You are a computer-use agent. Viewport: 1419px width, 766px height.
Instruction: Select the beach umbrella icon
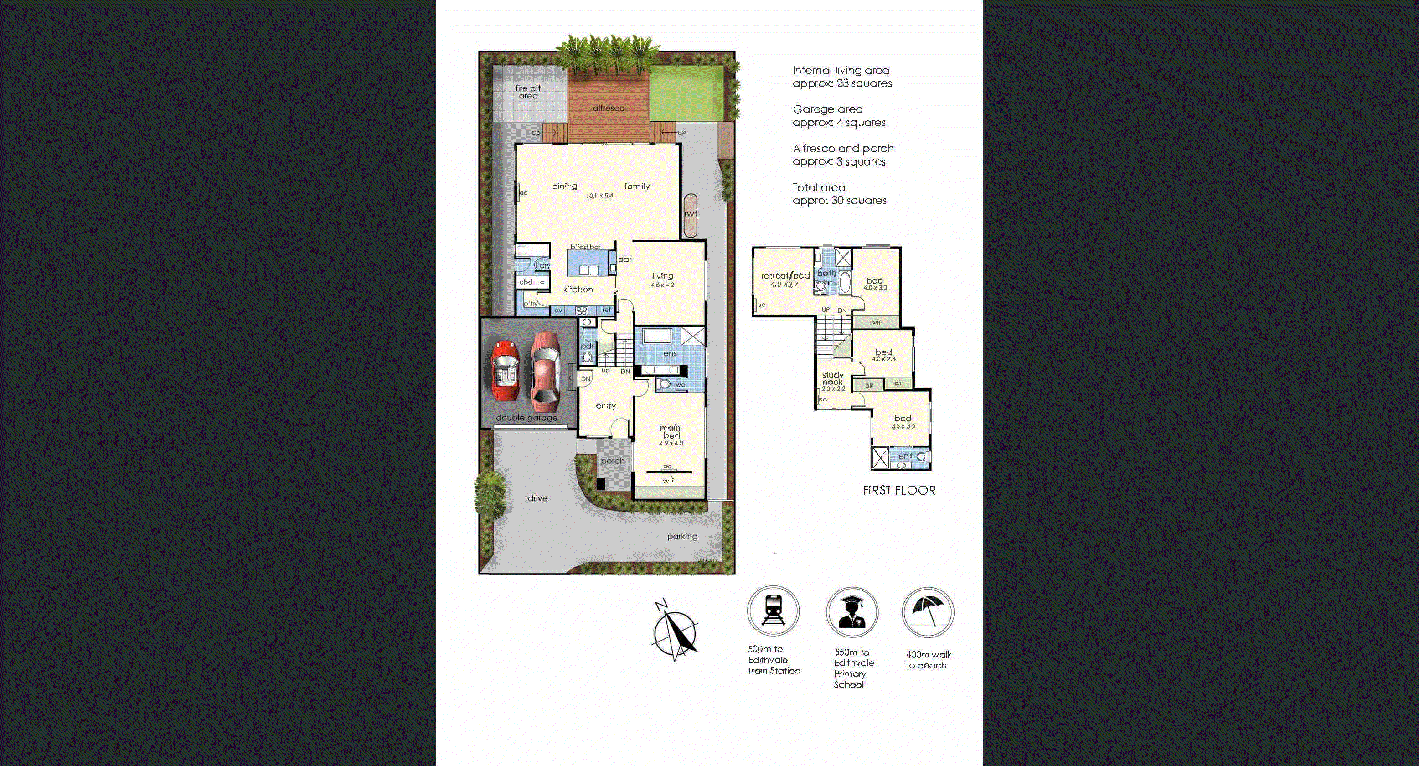[x=928, y=612]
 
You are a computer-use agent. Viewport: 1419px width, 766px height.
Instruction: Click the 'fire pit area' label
[x=528, y=92]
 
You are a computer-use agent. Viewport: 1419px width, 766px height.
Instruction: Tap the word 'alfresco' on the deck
[x=608, y=108]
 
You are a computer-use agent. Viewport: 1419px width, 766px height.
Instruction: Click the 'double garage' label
[x=526, y=418]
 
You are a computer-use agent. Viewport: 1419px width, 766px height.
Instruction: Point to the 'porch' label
[x=613, y=461]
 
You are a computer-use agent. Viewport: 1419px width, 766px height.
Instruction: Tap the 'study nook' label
[x=833, y=378]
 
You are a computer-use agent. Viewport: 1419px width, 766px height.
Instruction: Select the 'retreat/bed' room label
[x=785, y=275]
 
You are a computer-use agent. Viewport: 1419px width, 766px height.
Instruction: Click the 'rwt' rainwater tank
[x=690, y=215]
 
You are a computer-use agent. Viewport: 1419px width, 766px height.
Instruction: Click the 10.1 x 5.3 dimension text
[x=599, y=196]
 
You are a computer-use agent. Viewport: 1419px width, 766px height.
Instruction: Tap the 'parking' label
[x=682, y=536]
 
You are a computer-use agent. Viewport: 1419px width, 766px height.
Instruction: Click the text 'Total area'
[x=819, y=187]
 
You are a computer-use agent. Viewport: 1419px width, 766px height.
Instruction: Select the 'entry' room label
[x=606, y=406]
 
